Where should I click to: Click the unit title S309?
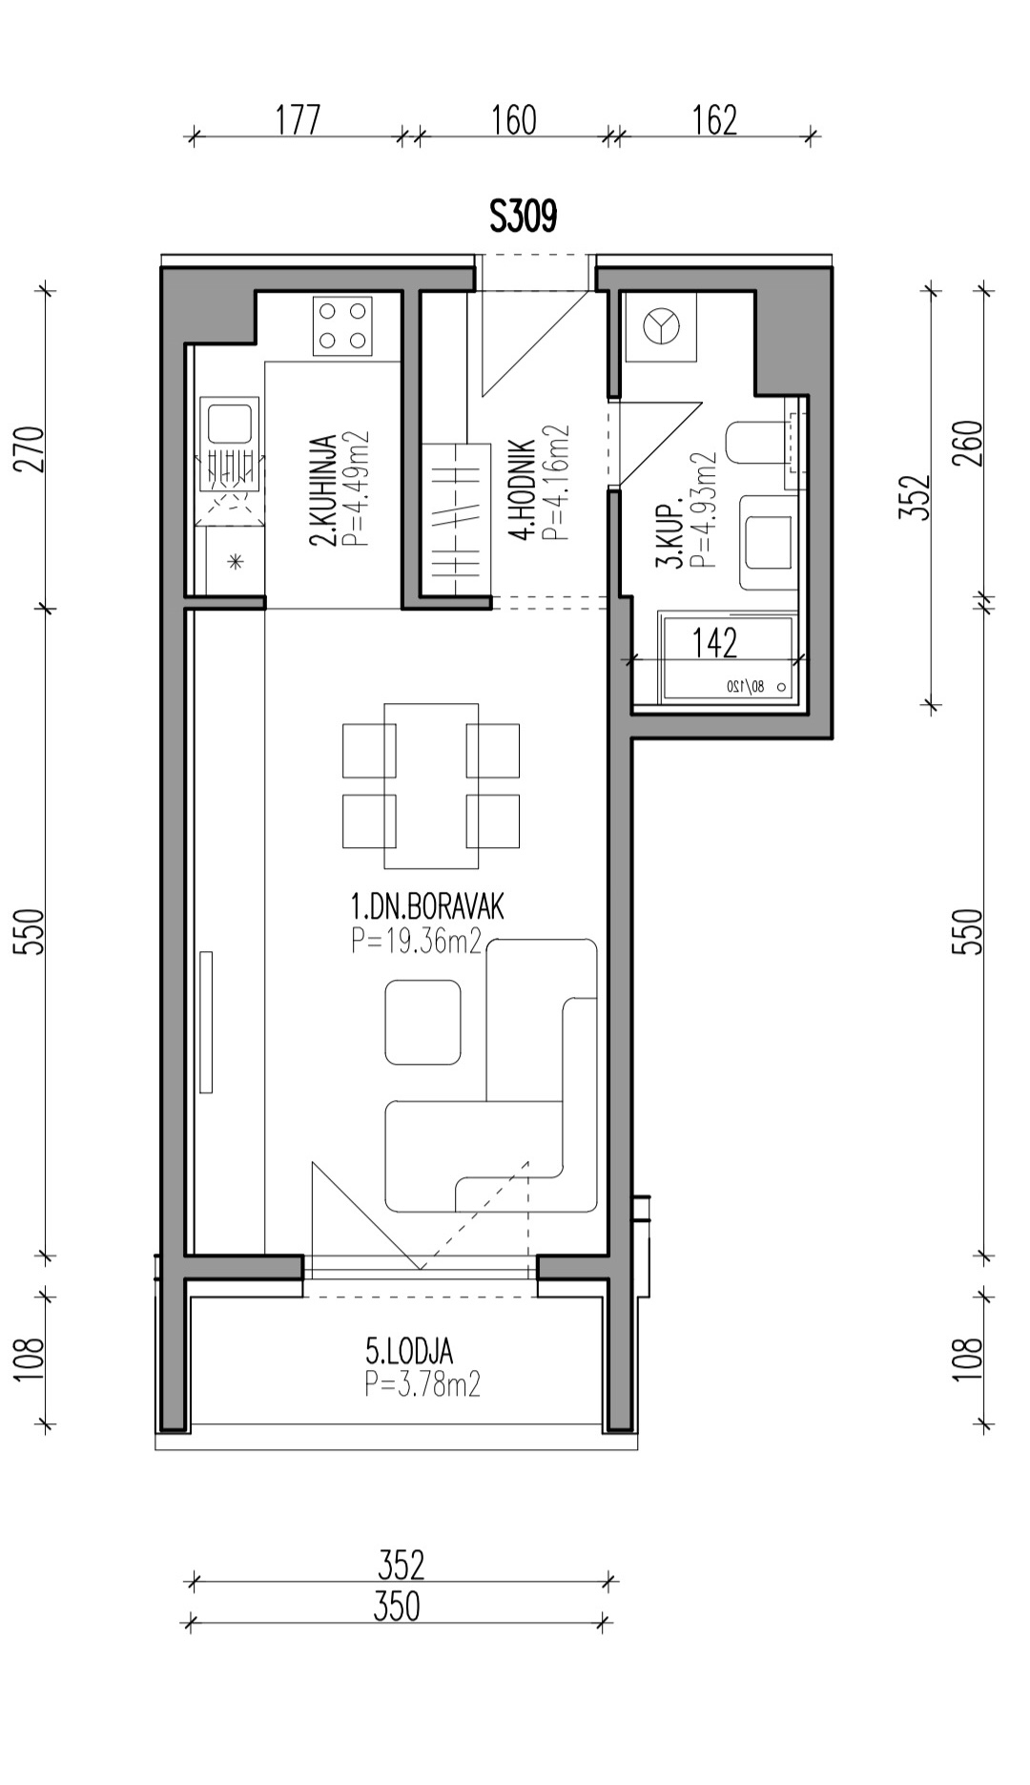(x=523, y=217)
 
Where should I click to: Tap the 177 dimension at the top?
(x=299, y=120)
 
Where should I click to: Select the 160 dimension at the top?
(x=514, y=120)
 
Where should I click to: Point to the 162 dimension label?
(x=714, y=120)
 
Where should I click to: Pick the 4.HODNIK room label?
(x=521, y=489)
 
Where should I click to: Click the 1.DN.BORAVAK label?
(x=427, y=905)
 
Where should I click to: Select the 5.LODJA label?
(x=409, y=1351)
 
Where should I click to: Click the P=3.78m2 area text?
(x=422, y=1384)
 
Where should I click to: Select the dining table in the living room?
(x=431, y=786)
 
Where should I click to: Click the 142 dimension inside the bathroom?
(x=714, y=643)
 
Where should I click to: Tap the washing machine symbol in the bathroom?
(x=660, y=327)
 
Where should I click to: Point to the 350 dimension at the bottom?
(x=397, y=1607)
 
